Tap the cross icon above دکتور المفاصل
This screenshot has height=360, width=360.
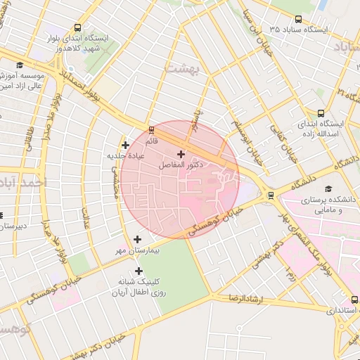(x=181, y=153)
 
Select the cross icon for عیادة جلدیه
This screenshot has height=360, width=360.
(x=125, y=145)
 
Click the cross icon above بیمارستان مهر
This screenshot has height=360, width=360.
(x=137, y=239)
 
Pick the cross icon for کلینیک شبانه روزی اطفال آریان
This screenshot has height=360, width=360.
(x=139, y=271)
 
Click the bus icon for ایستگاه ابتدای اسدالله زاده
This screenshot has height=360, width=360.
(x=321, y=113)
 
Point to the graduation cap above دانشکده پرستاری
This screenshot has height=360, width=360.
(x=328, y=188)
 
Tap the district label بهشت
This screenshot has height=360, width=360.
(x=184, y=67)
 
